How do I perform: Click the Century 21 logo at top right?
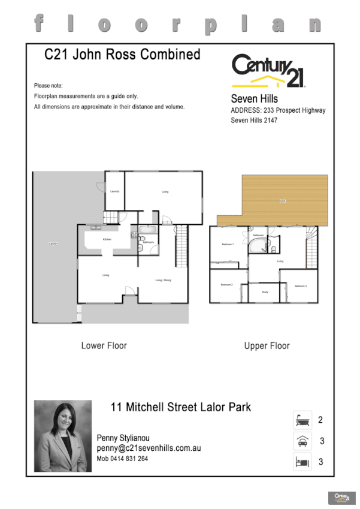pyautogui.click(x=268, y=71)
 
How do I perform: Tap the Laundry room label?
pyautogui.click(x=114, y=191)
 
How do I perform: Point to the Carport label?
pyautogui.click(x=53, y=244)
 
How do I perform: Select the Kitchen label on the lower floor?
pyautogui.click(x=107, y=239)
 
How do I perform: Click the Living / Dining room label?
pyautogui.click(x=163, y=280)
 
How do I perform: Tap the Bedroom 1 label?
pyautogui.click(x=228, y=244)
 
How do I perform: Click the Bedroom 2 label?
pyautogui.click(x=226, y=284)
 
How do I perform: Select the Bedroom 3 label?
pyautogui.click(x=300, y=286)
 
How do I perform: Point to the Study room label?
pyautogui.click(x=265, y=292)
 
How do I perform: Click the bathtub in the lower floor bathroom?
pyautogui.click(x=147, y=230)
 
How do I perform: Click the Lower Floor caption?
pyautogui.click(x=104, y=346)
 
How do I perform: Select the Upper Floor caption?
pyautogui.click(x=267, y=346)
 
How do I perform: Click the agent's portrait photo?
pyautogui.click(x=63, y=436)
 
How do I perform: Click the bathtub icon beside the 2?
pyautogui.click(x=301, y=420)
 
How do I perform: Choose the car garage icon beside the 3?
pyautogui.click(x=301, y=441)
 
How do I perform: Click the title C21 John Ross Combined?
pyautogui.click(x=123, y=55)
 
